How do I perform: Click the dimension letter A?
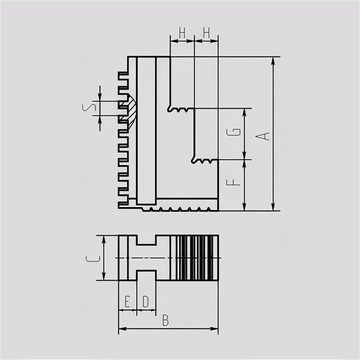point(264,136)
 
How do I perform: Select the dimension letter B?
point(166,321)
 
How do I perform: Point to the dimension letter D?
point(146,302)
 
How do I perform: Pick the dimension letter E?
point(127,302)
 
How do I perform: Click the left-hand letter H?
point(182,33)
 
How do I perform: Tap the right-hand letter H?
point(206,33)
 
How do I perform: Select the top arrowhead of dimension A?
point(274,60)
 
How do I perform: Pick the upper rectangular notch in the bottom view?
point(146,240)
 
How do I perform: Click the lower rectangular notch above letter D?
point(146,275)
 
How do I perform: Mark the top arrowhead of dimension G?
point(244,111)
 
